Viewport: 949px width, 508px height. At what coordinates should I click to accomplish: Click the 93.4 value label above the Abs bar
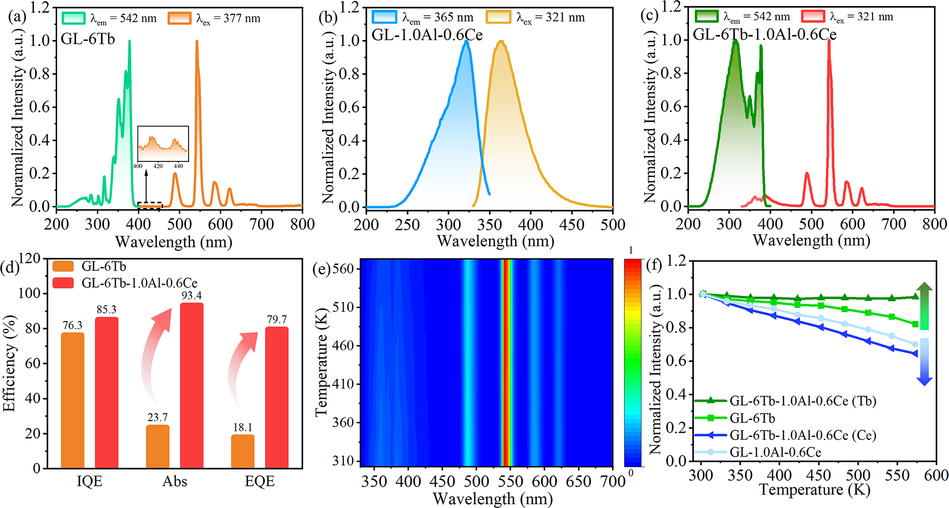click(x=191, y=296)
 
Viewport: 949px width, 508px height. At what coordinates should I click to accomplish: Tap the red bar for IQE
click(x=106, y=392)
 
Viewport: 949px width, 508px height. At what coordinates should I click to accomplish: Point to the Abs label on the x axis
click(x=175, y=481)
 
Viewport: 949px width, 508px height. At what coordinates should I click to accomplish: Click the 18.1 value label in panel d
click(x=242, y=427)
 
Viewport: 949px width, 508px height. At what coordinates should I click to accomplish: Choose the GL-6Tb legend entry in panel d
click(x=104, y=266)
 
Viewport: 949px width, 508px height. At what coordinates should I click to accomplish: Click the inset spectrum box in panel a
click(x=163, y=144)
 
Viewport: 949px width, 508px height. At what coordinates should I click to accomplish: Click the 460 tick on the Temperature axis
click(x=343, y=345)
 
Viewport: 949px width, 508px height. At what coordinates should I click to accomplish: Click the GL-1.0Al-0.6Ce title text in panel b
click(x=427, y=35)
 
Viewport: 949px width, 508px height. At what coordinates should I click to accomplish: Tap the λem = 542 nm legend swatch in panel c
click(x=707, y=17)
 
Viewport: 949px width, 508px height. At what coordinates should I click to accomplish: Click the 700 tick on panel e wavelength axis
click(x=613, y=481)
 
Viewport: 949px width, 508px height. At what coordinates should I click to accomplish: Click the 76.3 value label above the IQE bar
click(x=72, y=325)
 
